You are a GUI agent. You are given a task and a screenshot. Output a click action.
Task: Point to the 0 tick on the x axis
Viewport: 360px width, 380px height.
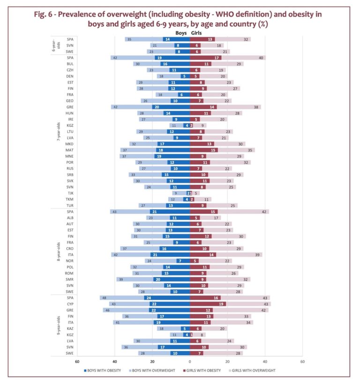pos(190,361)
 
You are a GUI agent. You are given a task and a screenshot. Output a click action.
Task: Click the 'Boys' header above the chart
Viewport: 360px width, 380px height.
pos(181,33)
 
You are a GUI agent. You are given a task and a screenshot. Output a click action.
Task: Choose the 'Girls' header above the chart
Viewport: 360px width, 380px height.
pos(197,33)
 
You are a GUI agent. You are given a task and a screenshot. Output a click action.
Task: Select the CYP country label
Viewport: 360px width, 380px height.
pos(70,304)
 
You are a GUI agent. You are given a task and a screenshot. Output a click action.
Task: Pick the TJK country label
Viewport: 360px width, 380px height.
pos(70,193)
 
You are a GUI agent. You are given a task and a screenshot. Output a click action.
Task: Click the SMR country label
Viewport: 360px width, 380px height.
pos(70,279)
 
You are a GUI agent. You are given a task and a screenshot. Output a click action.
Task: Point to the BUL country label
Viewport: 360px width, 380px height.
pos(70,64)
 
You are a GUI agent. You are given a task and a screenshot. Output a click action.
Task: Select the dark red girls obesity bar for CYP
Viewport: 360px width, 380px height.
pos(208,304)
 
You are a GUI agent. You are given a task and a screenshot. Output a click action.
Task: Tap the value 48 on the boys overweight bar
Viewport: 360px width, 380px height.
pos(104,298)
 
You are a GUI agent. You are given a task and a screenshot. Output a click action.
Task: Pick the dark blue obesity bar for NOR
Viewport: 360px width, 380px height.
pos(183,261)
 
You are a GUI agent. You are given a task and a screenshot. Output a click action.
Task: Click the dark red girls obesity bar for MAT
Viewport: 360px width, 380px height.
pos(204,150)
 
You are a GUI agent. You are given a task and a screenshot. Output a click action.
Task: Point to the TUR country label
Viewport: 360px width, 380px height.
pos(70,205)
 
